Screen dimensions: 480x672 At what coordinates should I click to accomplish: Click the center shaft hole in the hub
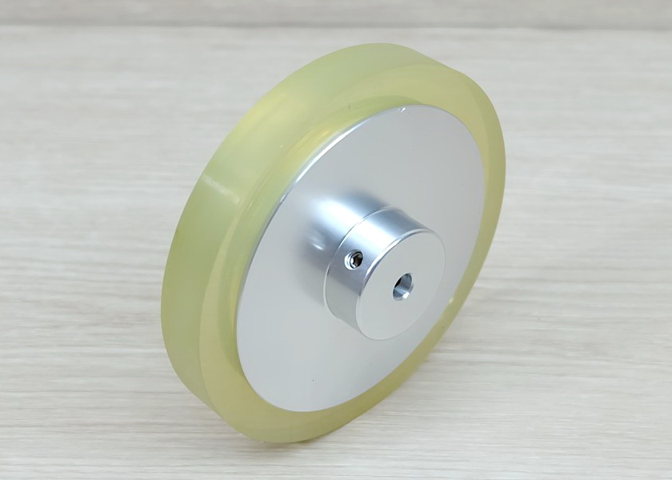tap(402, 286)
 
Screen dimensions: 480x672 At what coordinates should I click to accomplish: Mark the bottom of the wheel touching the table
tap(264, 437)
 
